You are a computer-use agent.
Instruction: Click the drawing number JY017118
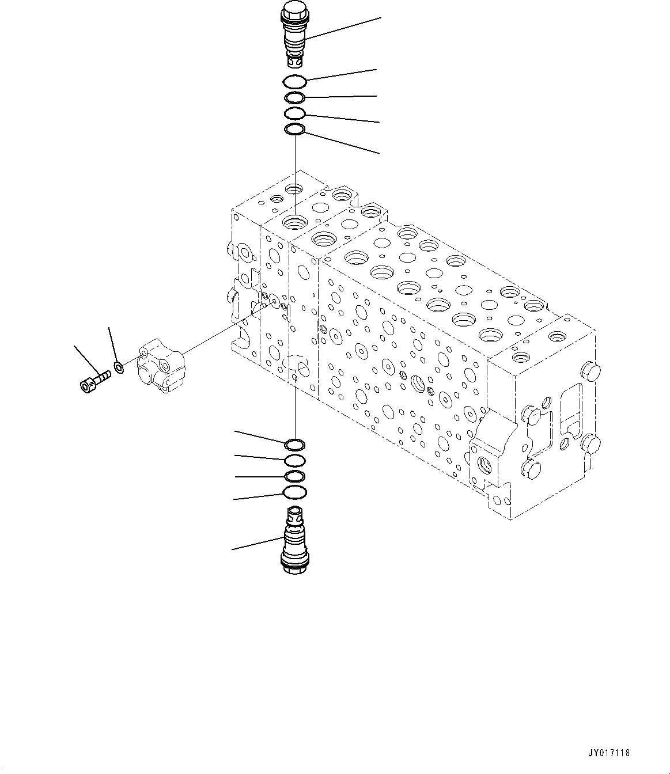(610, 753)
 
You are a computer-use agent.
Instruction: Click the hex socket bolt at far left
(92, 381)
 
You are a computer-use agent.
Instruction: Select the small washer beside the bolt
(118, 367)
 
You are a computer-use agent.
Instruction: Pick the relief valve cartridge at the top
(295, 35)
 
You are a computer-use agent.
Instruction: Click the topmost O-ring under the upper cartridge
(295, 81)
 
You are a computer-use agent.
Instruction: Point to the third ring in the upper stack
(295, 113)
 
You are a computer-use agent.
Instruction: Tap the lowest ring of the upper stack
(295, 131)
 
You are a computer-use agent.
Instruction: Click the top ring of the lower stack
(295, 445)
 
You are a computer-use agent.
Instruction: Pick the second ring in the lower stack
(295, 460)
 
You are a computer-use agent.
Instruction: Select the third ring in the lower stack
(295, 476)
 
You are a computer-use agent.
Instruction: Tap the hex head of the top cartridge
(294, 10)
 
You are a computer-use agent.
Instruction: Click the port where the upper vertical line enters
(295, 221)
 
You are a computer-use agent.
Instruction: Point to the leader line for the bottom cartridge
(256, 543)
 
